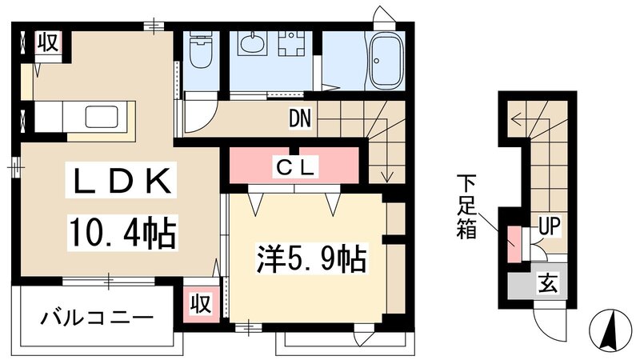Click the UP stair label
pyautogui.click(x=548, y=226)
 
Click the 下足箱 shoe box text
pyautogui.click(x=467, y=210)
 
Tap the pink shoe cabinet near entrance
pyautogui.click(x=512, y=243)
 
